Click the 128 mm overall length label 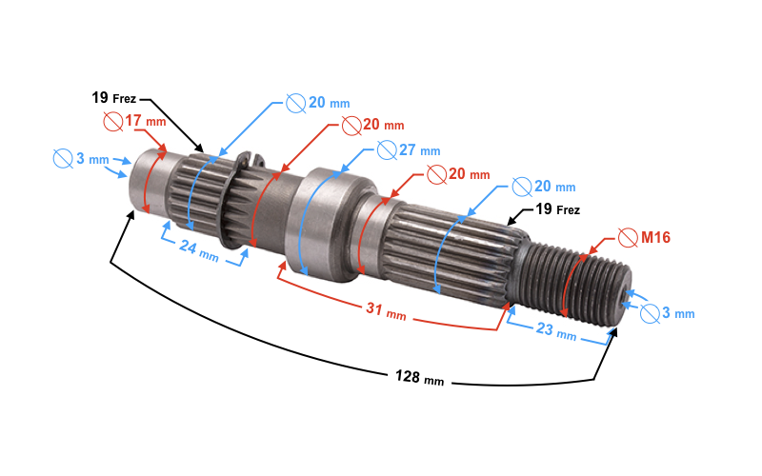419,377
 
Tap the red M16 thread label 655,237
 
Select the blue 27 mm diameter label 419,150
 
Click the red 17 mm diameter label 146,121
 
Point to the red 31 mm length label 386,311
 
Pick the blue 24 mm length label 199,249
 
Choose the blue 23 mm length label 556,331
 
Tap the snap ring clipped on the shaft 236,199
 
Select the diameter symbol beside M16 628,237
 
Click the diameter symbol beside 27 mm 387,150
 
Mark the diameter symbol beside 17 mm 113,121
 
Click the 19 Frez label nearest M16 558,209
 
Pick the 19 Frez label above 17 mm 114,98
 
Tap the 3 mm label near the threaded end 678,313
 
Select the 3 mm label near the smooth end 92,158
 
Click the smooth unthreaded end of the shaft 150,181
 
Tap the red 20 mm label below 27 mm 469,174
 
